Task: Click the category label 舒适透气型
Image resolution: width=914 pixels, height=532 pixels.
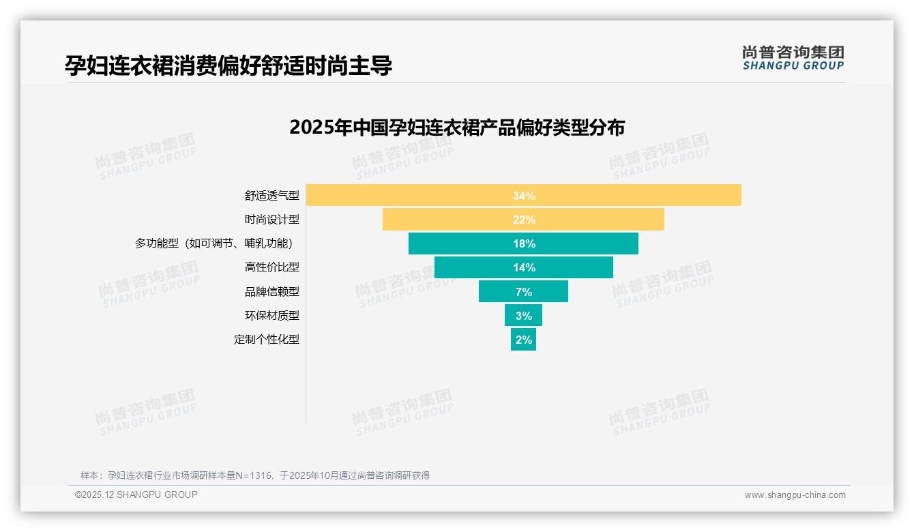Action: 271,195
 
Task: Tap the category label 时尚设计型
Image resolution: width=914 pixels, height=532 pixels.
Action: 271,220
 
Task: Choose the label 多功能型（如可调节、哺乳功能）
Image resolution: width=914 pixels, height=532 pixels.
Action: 217,243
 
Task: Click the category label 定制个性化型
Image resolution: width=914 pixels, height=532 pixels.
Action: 266,339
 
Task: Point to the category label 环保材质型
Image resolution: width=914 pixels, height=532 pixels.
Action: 271,315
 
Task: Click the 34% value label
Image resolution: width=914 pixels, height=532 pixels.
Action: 524,196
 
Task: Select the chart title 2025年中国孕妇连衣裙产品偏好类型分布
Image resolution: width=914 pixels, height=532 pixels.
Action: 457,128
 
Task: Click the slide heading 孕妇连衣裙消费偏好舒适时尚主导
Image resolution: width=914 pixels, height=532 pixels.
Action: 228,65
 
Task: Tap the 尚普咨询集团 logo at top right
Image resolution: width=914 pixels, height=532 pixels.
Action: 793,58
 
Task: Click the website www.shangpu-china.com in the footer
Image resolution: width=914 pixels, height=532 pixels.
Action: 795,495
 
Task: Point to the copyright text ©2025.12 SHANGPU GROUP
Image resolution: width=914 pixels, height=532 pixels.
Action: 136,494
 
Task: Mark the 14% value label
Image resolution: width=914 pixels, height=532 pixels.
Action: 524,267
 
